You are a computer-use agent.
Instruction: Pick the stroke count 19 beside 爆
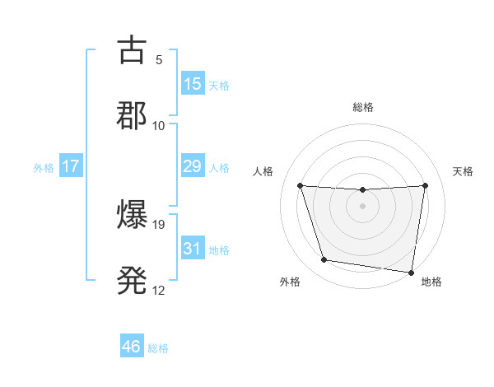[x=161, y=224]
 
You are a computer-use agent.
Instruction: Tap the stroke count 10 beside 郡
[x=159, y=125]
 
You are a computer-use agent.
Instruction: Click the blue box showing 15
[x=193, y=84]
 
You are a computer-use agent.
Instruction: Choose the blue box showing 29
[x=193, y=166]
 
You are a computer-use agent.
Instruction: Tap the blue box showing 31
[x=193, y=249]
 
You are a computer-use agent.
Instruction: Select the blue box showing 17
[x=71, y=166]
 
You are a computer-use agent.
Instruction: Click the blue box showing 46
[x=132, y=347]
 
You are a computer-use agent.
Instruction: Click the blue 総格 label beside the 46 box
[x=158, y=348]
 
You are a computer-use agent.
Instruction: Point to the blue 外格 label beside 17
[x=44, y=168]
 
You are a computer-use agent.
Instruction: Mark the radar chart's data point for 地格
[x=412, y=272]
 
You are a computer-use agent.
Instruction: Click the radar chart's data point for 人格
[x=300, y=185]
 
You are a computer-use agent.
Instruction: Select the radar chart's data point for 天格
[x=426, y=185]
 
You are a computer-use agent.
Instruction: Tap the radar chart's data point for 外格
[x=324, y=260]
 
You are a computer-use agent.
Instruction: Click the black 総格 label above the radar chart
[x=363, y=107]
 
